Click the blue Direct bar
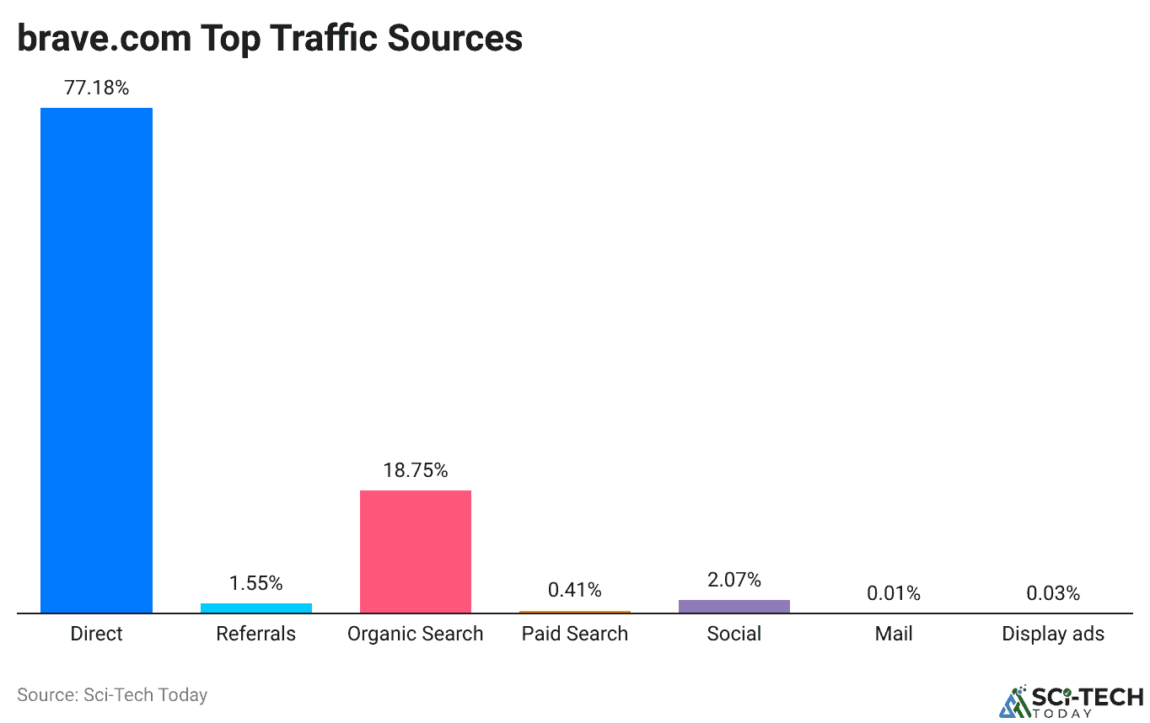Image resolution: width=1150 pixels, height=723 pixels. [x=97, y=360]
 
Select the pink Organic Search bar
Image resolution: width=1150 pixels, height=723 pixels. [x=416, y=551]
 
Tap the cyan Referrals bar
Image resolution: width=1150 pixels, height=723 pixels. [x=256, y=608]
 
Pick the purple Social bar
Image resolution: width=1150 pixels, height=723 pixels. [x=734, y=606]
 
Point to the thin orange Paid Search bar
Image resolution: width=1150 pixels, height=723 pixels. [x=575, y=612]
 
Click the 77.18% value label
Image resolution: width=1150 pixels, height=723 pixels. [x=97, y=88]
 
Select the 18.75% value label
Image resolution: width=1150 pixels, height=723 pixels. [x=416, y=470]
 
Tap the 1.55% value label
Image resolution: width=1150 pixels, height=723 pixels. [x=256, y=583]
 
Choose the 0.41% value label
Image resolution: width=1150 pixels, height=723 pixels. [x=575, y=590]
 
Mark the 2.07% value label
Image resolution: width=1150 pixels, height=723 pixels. [x=734, y=580]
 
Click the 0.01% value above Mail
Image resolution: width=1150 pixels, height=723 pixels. [x=894, y=593]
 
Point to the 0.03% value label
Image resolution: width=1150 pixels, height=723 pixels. [x=1053, y=593]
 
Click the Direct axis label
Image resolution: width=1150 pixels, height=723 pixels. [x=97, y=634]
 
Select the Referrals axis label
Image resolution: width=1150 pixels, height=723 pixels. [x=256, y=634]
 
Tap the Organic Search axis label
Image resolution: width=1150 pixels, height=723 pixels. [x=416, y=634]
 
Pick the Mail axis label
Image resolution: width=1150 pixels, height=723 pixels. [x=894, y=634]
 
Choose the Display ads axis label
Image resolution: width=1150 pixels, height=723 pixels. [x=1053, y=634]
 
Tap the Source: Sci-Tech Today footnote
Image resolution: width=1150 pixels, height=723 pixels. [x=112, y=695]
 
